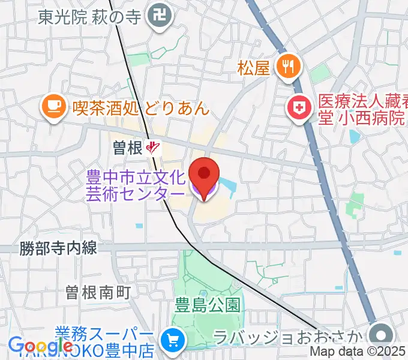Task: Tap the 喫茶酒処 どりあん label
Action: click(140, 108)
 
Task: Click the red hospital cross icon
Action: click(299, 108)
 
